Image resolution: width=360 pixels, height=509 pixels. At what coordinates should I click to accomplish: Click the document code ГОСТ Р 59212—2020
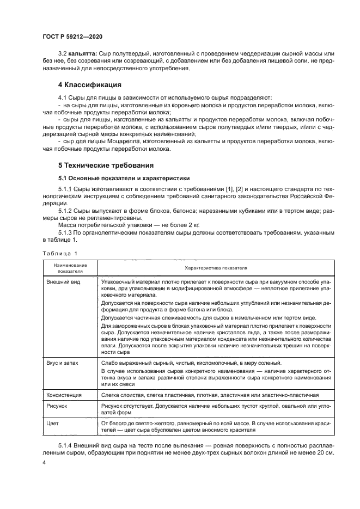(x=72, y=35)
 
